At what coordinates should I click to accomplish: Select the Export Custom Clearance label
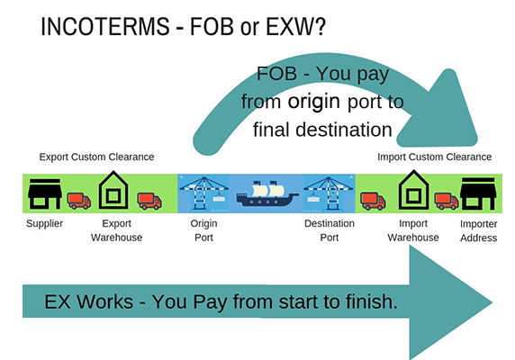97,157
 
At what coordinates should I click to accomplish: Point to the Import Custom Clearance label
435,157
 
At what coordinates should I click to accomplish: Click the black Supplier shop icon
45,192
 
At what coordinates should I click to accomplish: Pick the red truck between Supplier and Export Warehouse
79,200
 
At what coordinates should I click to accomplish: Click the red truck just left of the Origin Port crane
149,200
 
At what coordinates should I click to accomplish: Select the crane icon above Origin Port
204,192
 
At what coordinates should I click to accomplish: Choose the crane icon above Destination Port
329,192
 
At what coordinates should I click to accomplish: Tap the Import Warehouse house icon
413,191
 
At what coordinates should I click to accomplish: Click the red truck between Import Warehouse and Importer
446,200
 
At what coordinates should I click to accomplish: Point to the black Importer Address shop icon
476,192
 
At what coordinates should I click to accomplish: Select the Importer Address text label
477,230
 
